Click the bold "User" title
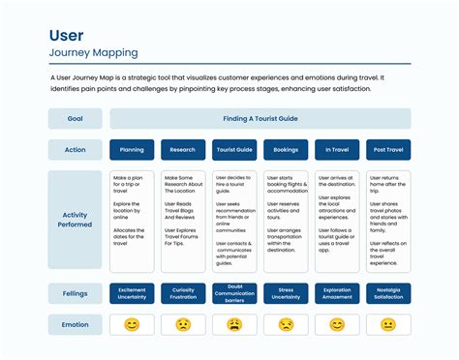coord(67,36)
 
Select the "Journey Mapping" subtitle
coord(93,53)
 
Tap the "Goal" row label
coord(75,119)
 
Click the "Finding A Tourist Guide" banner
coord(260,119)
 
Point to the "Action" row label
coord(75,150)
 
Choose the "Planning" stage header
coord(132,150)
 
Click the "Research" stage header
coord(183,150)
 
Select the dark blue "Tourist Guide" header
coord(234,150)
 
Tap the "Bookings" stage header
coord(286,150)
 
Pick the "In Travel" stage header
coord(337,150)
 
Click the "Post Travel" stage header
coord(388,150)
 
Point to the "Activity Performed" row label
coord(75,220)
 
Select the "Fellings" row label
coord(75,293)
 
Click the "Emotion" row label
coord(75,324)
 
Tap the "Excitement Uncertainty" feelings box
coord(132,293)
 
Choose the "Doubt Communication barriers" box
coord(234,293)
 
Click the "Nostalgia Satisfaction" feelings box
coord(388,293)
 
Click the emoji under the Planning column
coord(132,325)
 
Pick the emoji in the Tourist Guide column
coord(234,325)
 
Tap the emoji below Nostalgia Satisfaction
coord(388,325)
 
